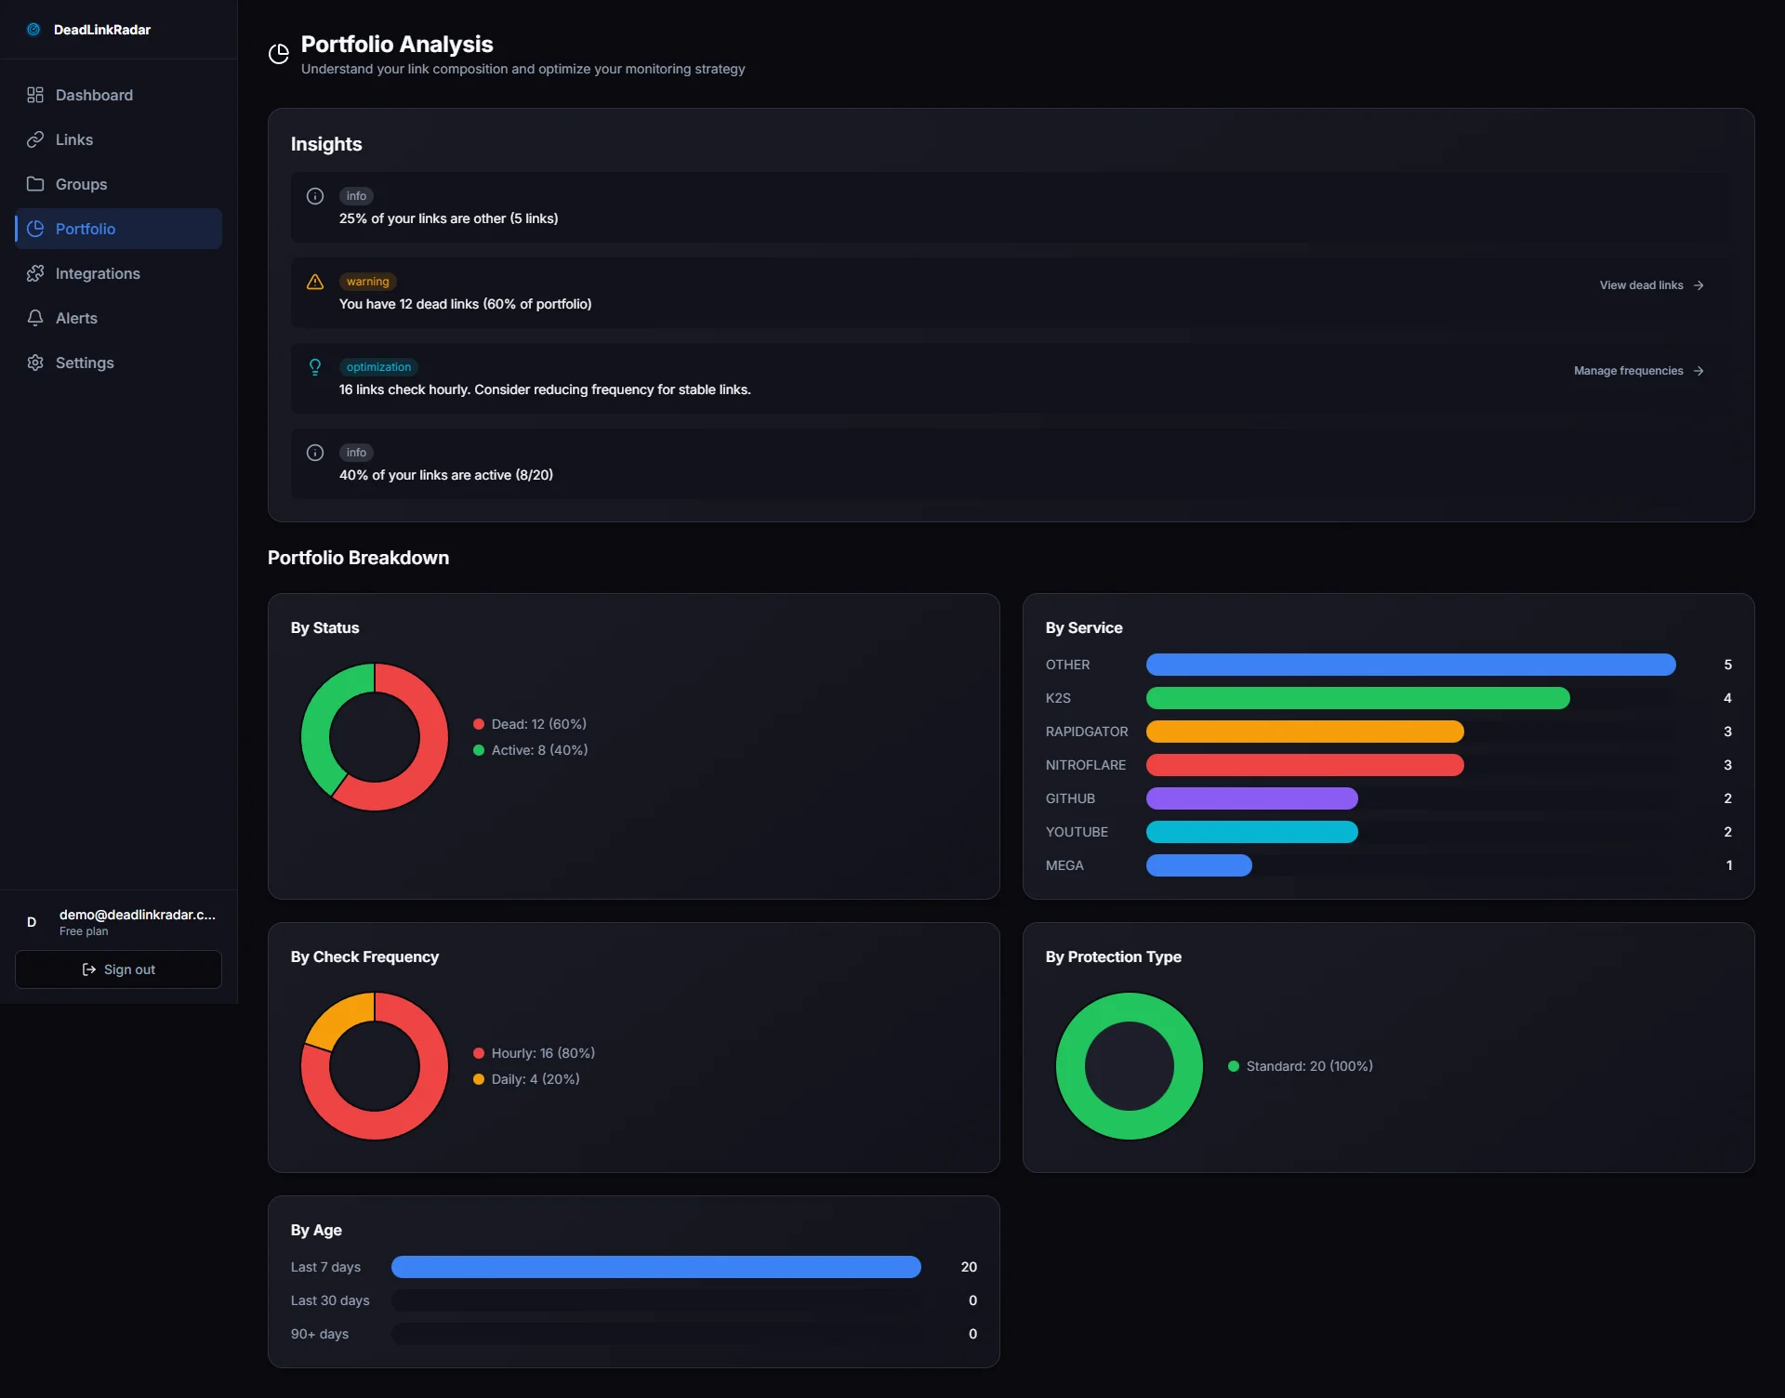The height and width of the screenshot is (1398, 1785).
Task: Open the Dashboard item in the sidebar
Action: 93,95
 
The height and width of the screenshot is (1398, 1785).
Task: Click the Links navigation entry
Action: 73,139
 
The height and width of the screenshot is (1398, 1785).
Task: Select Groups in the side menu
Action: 81,184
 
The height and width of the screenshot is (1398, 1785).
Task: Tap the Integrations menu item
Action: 97,273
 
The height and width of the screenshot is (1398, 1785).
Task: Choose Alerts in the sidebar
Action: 75,318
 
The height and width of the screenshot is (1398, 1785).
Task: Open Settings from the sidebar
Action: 84,363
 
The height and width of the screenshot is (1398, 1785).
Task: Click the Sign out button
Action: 118,969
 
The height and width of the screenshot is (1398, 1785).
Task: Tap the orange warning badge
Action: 367,282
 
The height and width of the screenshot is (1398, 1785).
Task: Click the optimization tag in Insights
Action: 378,367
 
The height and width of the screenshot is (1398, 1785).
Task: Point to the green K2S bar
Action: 1357,698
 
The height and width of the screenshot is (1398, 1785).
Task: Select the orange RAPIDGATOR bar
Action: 1304,732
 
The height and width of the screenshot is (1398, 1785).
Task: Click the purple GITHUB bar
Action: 1251,798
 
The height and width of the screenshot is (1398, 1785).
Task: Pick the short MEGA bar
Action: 1198,865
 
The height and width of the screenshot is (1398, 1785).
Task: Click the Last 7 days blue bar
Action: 655,1267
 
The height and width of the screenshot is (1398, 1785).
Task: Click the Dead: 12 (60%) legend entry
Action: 538,724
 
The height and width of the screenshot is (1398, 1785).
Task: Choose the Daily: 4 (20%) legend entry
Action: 535,1079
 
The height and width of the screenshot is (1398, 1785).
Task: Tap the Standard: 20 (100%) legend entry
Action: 1308,1066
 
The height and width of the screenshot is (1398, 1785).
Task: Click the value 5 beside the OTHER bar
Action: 1727,665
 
